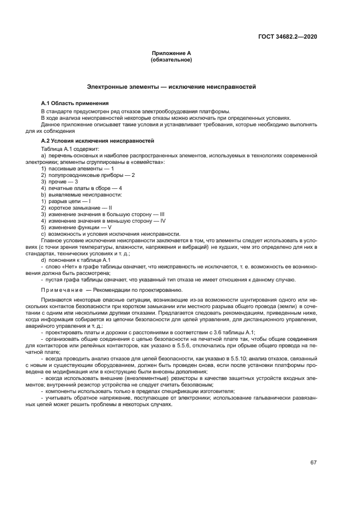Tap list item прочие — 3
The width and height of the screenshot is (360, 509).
(60, 181)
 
